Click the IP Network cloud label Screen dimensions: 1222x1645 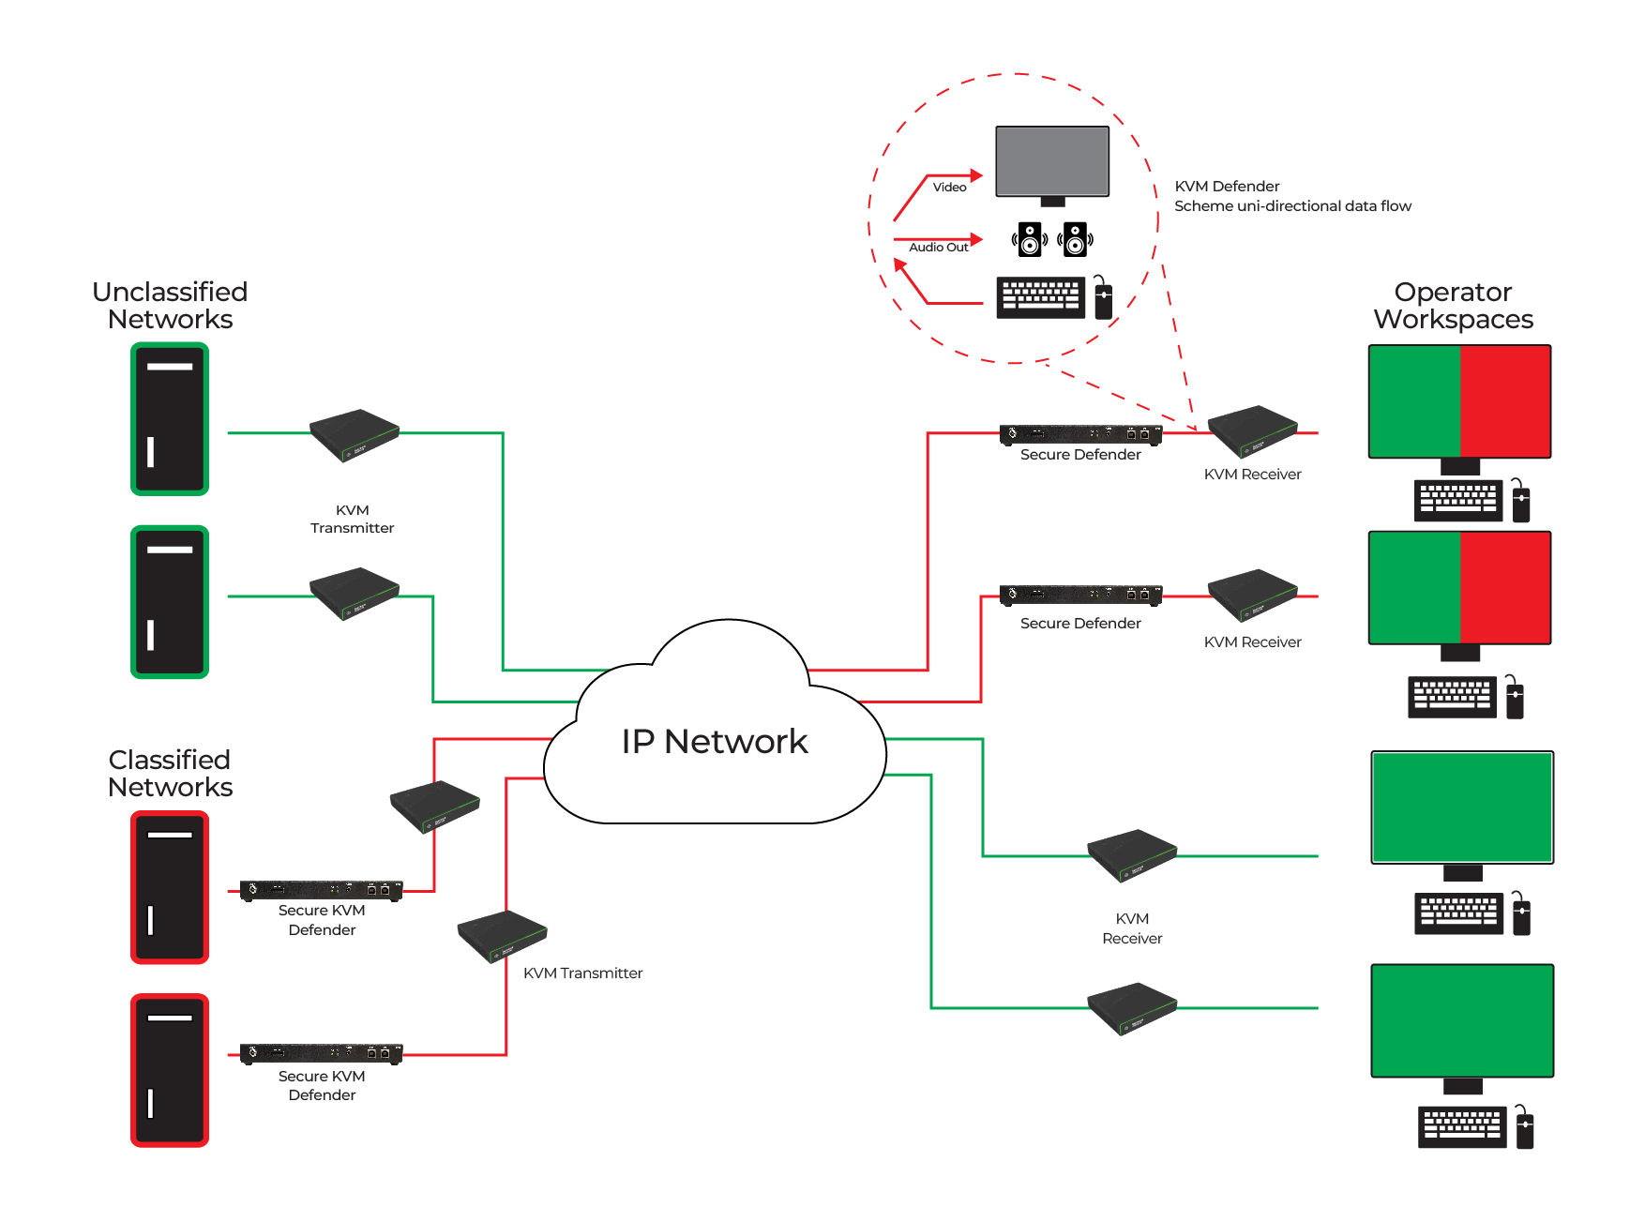click(x=714, y=742)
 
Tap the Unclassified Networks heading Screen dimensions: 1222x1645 click(x=170, y=306)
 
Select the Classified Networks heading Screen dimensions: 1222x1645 click(x=170, y=774)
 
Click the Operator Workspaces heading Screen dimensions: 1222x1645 click(x=1453, y=306)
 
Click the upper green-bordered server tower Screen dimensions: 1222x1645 click(x=170, y=418)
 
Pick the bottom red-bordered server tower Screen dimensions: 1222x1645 click(x=170, y=1070)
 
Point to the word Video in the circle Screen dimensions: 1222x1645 click(x=949, y=188)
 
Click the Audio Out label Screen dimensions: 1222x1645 click(x=938, y=248)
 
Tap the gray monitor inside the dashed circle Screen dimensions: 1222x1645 click(x=1052, y=161)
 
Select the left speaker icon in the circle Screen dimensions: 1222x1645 click(x=1029, y=239)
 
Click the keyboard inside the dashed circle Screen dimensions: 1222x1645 click(x=1040, y=297)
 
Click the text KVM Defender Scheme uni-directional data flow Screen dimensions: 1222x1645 click(x=1291, y=196)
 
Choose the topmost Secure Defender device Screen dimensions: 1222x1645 click(x=1080, y=434)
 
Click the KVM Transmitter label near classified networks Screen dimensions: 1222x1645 click(x=582, y=973)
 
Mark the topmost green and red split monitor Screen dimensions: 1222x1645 click(x=1459, y=401)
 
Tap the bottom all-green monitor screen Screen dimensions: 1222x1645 click(x=1462, y=1020)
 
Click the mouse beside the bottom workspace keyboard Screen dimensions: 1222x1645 click(x=1525, y=1128)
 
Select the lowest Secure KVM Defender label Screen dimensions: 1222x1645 click(x=322, y=1086)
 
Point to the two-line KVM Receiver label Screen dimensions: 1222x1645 click(x=1132, y=928)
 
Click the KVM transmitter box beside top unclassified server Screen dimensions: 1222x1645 click(x=355, y=434)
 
